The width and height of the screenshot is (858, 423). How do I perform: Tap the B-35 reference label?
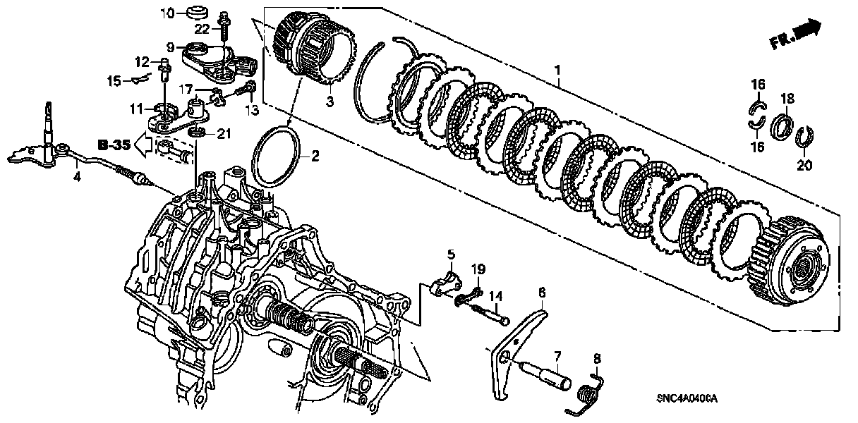pyautogui.click(x=114, y=146)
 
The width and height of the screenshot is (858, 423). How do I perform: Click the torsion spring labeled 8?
pyautogui.click(x=590, y=391)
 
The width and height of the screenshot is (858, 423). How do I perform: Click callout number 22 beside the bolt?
pyautogui.click(x=202, y=29)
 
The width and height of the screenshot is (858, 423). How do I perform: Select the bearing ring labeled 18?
pyautogui.click(x=783, y=128)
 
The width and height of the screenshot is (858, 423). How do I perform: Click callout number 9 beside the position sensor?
pyautogui.click(x=170, y=47)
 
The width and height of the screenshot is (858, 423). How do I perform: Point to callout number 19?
pyautogui.click(x=478, y=269)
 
